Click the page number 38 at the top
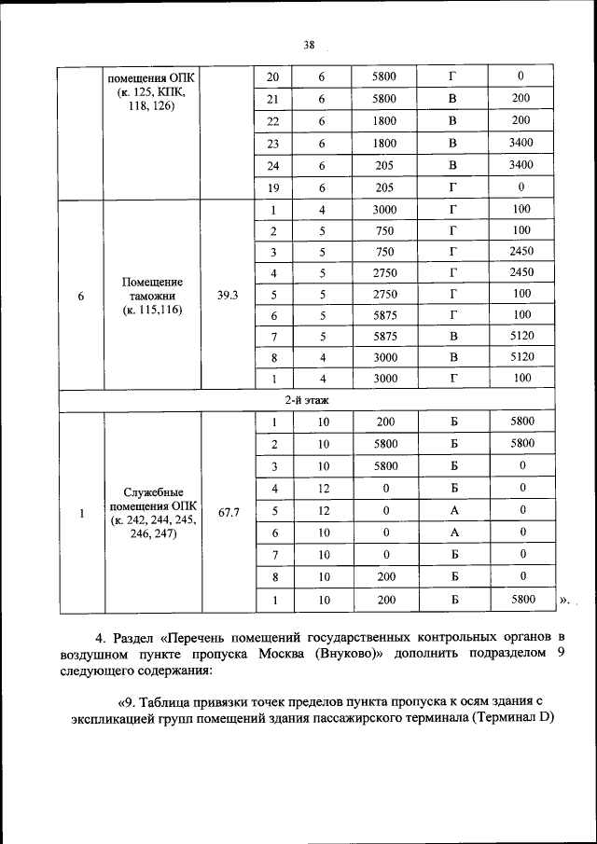coord(310,43)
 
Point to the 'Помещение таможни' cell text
coord(152,296)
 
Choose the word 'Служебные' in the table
coord(152,491)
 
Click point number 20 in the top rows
coord(273,76)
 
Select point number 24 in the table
coord(273,165)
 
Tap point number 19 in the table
coord(273,187)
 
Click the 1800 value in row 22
coord(384,121)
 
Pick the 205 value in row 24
coord(384,165)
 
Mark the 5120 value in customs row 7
coord(521,334)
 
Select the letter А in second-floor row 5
coord(452,509)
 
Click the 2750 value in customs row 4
coord(384,272)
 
